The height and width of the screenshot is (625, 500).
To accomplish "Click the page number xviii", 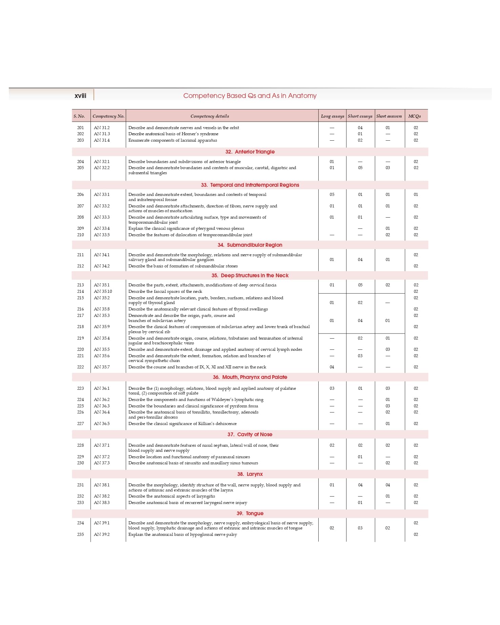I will [x=80, y=96].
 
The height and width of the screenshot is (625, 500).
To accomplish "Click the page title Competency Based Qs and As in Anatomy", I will [x=250, y=96].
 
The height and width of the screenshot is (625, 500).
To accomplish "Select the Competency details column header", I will [x=209, y=116].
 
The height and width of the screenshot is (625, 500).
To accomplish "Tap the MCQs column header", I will [x=414, y=116].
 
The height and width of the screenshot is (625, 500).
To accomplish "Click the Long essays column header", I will [x=332, y=116].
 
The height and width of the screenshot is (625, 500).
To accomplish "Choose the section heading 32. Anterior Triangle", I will [x=250, y=152].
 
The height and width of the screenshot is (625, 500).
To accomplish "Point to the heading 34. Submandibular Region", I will [x=250, y=245].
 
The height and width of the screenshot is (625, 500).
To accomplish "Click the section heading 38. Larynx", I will [x=250, y=474].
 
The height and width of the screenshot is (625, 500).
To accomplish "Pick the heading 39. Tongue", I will [x=250, y=513].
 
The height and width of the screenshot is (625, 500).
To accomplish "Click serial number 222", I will [x=80, y=367].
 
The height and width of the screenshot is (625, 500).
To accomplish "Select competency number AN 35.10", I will [x=103, y=291].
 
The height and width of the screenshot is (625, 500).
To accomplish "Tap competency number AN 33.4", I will [x=102, y=228].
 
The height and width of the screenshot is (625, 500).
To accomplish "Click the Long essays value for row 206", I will [x=332, y=195].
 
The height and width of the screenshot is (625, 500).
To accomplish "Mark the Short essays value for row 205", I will [x=360, y=168].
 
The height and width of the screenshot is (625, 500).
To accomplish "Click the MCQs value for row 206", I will [x=416, y=195].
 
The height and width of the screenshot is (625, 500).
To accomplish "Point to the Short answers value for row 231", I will [x=387, y=485].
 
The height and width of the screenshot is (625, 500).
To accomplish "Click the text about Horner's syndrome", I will [x=173, y=134].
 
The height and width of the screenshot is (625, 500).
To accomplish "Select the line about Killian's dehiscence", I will [x=182, y=424].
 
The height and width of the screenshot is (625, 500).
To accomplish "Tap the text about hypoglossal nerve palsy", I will [x=182, y=535].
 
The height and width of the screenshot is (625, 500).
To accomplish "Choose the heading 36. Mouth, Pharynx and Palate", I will [x=250, y=377].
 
